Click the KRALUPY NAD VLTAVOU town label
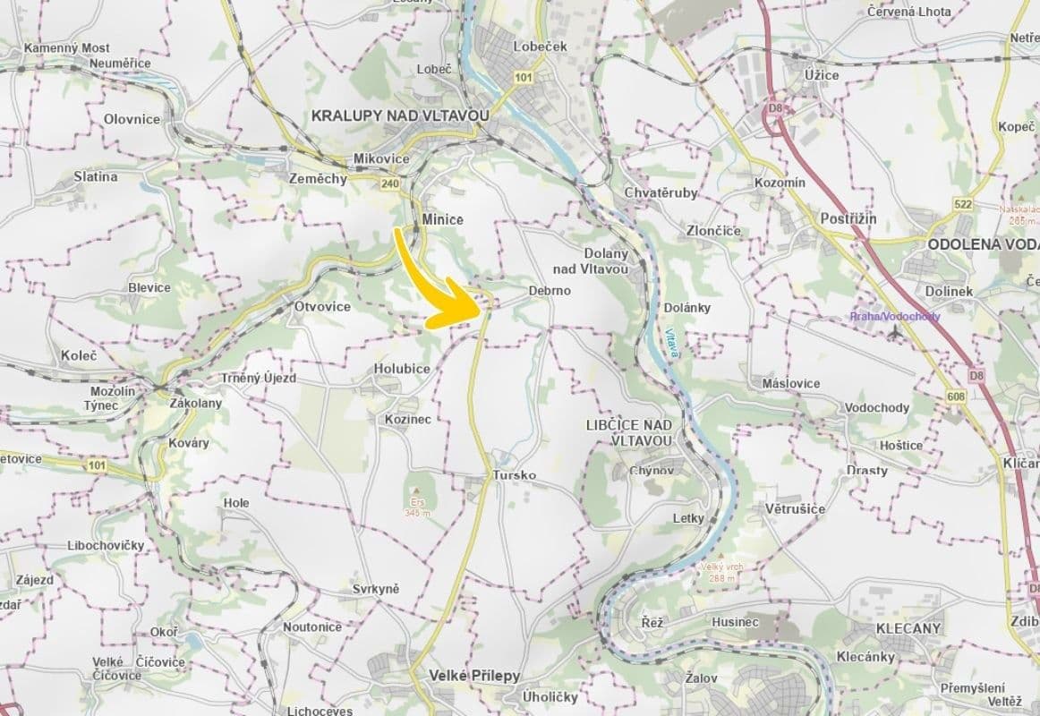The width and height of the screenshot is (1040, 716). coord(400,115)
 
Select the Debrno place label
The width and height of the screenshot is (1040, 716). coord(549,291)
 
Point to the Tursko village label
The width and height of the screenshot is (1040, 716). coord(514,476)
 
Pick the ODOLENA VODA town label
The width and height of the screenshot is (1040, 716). coord(982,243)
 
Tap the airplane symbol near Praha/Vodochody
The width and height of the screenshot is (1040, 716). coord(893,332)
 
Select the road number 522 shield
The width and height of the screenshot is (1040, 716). coord(963,205)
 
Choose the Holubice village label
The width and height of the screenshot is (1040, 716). coord(402,369)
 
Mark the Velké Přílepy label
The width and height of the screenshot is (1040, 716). coord(473,676)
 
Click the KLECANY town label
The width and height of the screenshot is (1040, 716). coord(908,628)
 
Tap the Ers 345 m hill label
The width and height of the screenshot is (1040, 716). coord(415,507)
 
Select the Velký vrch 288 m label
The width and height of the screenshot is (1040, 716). coord(718,572)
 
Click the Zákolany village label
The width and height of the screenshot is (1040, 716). coord(195,403)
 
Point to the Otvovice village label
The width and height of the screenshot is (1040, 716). coord(322,306)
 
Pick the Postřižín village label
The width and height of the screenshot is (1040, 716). coord(848,219)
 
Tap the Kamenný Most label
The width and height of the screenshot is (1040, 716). coord(67,47)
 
